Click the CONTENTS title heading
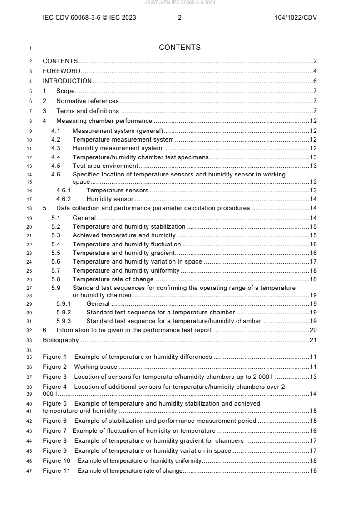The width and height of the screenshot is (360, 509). [x=180, y=48]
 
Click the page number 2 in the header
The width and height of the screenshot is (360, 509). [x=180, y=18]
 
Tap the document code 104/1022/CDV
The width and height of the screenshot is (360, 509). [x=296, y=18]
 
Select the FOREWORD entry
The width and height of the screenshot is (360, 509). [x=61, y=71]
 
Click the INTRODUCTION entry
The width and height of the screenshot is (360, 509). [x=67, y=81]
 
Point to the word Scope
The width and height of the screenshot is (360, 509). [x=65, y=91]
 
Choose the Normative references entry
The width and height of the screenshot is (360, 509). [x=87, y=101]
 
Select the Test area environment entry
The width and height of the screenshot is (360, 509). [x=105, y=166]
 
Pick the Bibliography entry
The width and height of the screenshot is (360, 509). [x=60, y=340]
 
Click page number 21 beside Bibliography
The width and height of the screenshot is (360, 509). [x=313, y=340]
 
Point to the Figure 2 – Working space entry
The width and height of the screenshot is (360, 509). [x=79, y=366]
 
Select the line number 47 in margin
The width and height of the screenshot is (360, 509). [x=30, y=470]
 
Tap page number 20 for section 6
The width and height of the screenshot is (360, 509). [x=313, y=330]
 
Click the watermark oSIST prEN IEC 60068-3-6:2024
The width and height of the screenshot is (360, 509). [x=180, y=2]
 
